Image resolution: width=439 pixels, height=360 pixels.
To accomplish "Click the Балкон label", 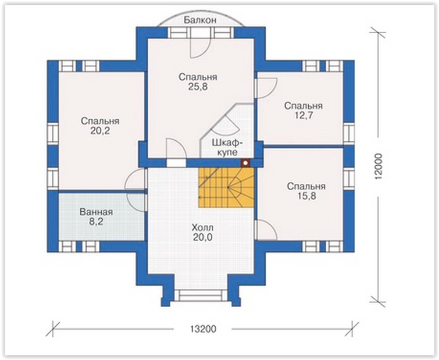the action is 200,20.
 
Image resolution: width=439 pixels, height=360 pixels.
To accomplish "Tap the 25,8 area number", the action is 198,87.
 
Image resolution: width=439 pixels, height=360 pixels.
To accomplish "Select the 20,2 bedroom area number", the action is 100,131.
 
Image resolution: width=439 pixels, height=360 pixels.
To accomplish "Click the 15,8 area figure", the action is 306,196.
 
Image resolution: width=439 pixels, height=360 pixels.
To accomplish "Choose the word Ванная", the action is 96,212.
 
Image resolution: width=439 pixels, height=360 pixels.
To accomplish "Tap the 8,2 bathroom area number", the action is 96,222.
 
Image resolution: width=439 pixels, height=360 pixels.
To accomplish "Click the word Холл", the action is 202,227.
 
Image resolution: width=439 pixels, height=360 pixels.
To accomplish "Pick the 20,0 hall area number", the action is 202,237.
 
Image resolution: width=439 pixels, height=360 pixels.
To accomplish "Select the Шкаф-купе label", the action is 227,148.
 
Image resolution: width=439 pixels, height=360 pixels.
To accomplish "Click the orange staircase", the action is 226,187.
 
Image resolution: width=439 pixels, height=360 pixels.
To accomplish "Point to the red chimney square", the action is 245,163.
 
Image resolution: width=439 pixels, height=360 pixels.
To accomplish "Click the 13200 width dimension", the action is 204,329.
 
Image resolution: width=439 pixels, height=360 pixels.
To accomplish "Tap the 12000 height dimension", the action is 379,166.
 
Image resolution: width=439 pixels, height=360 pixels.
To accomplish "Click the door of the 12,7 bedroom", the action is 266,88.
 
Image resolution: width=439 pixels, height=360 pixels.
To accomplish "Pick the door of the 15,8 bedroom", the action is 266,230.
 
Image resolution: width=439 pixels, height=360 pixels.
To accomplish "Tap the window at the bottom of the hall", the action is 200,295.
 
